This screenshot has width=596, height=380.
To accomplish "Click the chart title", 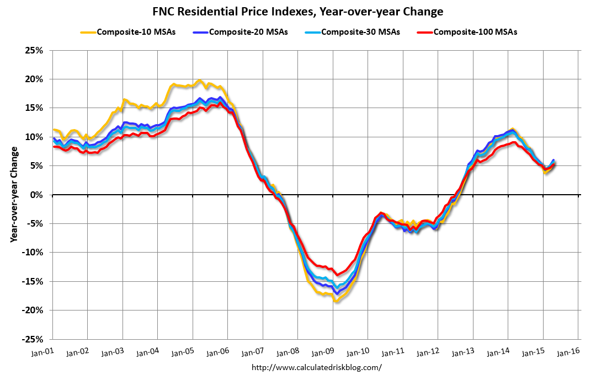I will click(x=298, y=11).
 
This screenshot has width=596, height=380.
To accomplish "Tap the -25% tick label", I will click(x=33, y=339).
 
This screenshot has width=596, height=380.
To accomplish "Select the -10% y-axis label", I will click(x=33, y=253).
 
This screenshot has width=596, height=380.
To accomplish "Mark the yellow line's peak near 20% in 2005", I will click(x=200, y=81).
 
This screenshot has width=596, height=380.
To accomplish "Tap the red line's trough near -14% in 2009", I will click(x=336, y=275).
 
